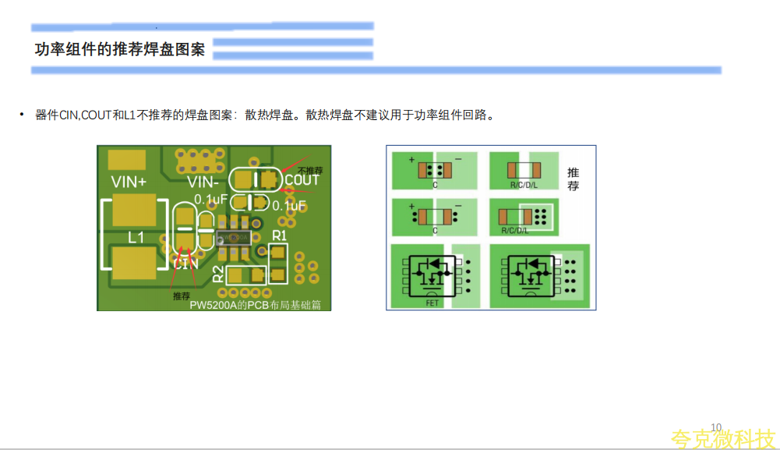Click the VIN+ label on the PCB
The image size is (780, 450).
pyautogui.click(x=129, y=182)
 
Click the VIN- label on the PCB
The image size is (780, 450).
pyautogui.click(x=205, y=182)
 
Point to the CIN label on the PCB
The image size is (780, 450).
pyautogui.click(x=185, y=264)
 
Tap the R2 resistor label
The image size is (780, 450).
pyautogui.click(x=219, y=274)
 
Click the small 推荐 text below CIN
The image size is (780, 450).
pyautogui.click(x=182, y=296)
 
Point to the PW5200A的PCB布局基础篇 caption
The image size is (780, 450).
pyautogui.click(x=258, y=304)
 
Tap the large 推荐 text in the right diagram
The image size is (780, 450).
pyautogui.click(x=573, y=179)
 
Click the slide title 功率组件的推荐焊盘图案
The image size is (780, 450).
pyautogui.click(x=120, y=49)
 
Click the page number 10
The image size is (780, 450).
pyautogui.click(x=716, y=427)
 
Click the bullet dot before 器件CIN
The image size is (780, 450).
pyautogui.click(x=23, y=115)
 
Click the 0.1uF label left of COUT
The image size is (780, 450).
pyautogui.click(x=210, y=199)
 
